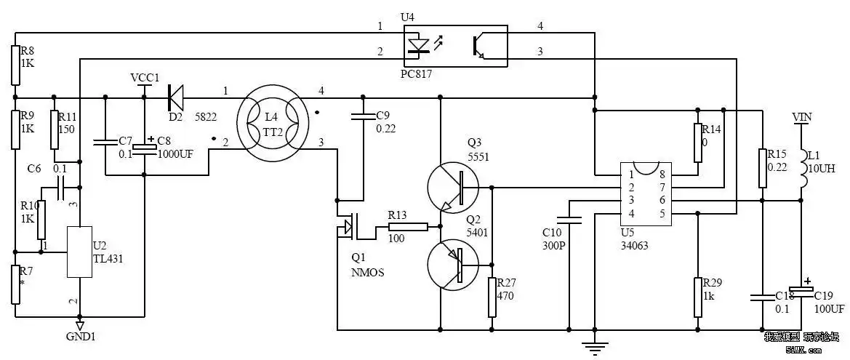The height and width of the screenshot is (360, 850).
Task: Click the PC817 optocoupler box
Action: (x=456, y=46)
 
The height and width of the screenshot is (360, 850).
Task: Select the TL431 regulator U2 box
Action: (x=80, y=252)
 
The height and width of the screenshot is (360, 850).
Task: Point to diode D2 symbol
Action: (x=175, y=96)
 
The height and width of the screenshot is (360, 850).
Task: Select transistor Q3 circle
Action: (x=452, y=188)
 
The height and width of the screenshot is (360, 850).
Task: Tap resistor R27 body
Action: (x=492, y=297)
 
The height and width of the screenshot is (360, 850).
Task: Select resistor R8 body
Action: (x=15, y=65)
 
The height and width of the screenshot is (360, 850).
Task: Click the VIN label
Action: (x=801, y=117)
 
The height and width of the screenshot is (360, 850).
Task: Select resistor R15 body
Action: (x=761, y=168)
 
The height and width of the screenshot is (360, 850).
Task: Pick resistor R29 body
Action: (x=697, y=297)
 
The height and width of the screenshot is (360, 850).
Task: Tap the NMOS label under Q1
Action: (x=367, y=273)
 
